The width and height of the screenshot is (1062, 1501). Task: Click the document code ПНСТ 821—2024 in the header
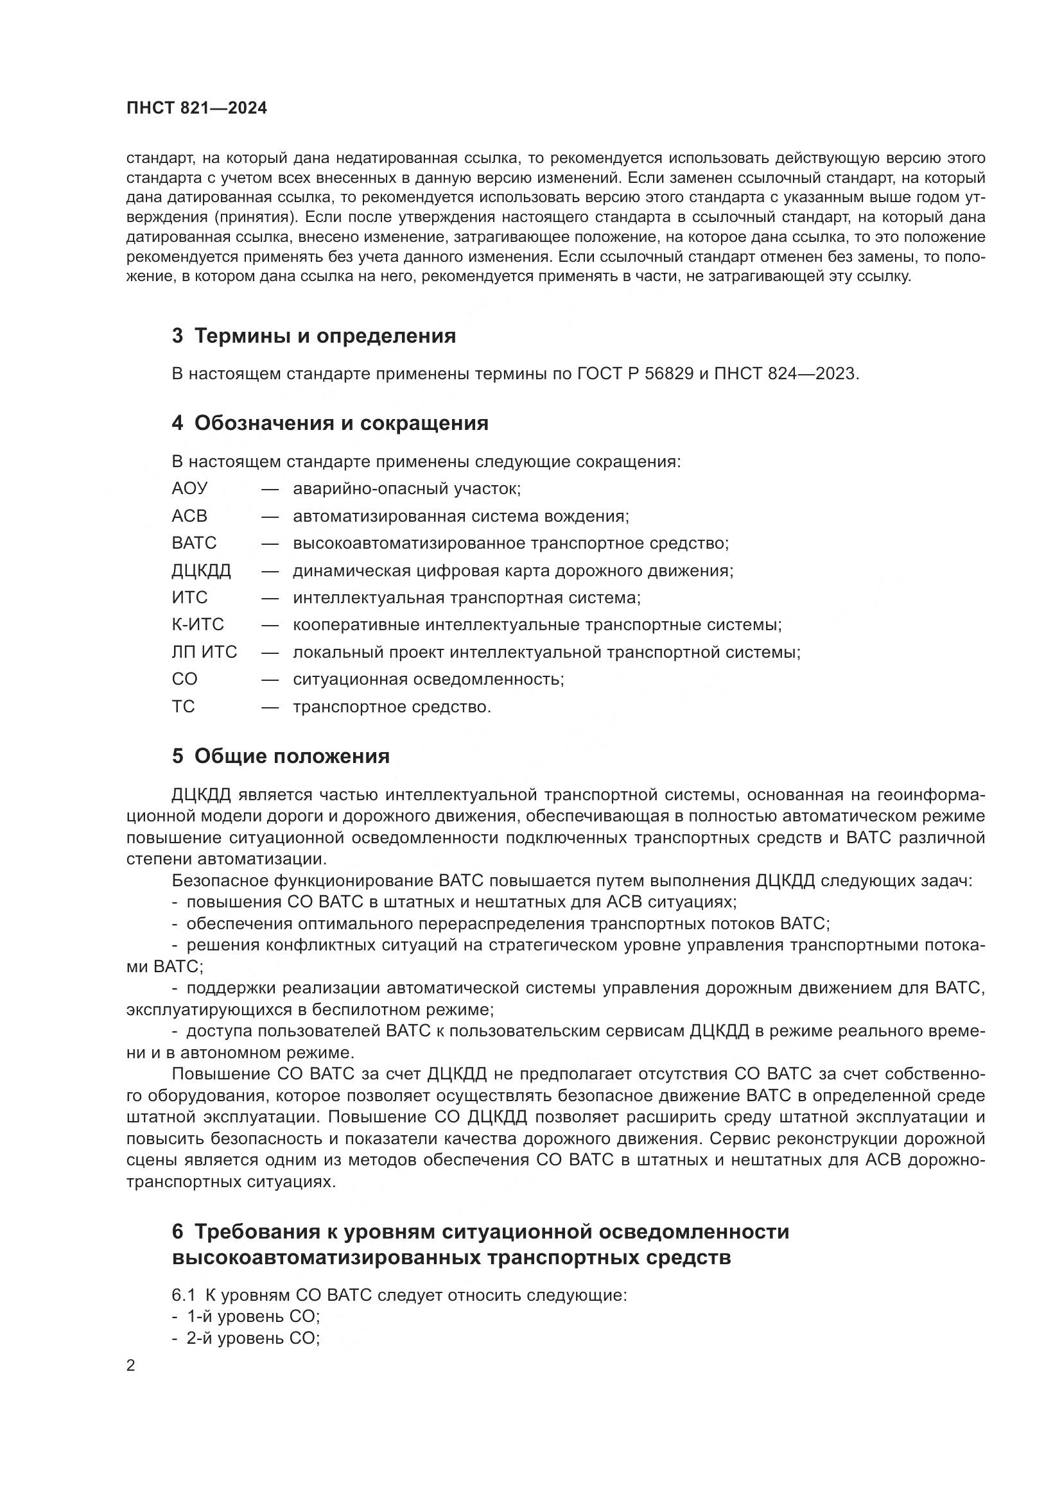(197, 108)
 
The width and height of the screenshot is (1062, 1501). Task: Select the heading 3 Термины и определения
(314, 336)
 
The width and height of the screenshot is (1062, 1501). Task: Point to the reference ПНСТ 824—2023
(785, 374)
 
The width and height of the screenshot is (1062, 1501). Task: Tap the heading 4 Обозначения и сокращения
(330, 423)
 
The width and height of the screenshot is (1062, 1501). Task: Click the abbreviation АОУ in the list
(189, 488)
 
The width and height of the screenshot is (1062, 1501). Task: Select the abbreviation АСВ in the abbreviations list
(189, 516)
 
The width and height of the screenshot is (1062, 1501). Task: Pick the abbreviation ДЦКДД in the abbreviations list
(202, 570)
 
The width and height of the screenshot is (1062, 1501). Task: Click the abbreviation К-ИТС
(198, 625)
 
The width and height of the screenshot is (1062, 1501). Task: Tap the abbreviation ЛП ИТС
(204, 653)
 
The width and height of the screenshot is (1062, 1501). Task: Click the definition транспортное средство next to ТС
(392, 707)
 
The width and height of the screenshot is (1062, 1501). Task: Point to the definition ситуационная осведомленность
(428, 679)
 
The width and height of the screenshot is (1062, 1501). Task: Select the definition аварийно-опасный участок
(406, 488)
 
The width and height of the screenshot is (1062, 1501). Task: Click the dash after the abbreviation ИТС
(270, 598)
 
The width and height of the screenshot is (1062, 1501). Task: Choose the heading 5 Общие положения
(281, 757)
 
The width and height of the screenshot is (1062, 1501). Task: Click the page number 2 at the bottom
(131, 1366)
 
